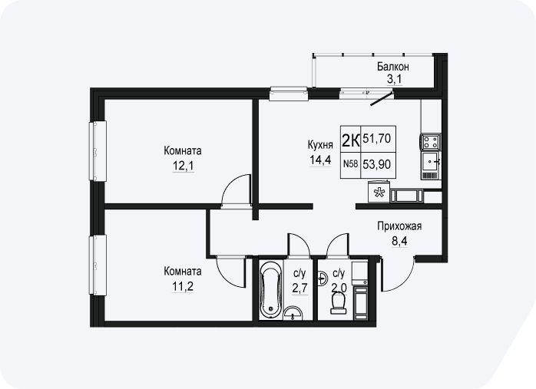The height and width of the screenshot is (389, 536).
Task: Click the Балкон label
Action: pyautogui.click(x=392, y=67)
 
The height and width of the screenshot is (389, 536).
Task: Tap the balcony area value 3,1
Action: pyautogui.click(x=395, y=79)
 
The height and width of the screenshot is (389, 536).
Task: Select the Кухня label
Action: pyautogui.click(x=320, y=145)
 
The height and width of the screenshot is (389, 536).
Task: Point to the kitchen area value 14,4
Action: pyautogui.click(x=320, y=160)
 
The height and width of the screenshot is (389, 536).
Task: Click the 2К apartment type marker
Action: pyautogui.click(x=351, y=140)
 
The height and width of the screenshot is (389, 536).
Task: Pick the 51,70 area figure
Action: pyautogui.click(x=377, y=139)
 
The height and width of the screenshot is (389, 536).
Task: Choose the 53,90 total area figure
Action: pyautogui.click(x=377, y=165)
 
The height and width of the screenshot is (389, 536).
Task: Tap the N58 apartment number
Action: pyautogui.click(x=350, y=164)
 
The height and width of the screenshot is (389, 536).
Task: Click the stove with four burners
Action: pyautogui.click(x=431, y=142)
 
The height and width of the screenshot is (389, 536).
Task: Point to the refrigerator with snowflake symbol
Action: pyautogui.click(x=379, y=192)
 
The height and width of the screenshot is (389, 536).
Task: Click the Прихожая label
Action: pyautogui.click(x=399, y=226)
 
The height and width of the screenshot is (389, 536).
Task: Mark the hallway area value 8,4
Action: pyautogui.click(x=399, y=242)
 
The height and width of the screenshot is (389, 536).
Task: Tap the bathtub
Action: pyautogui.click(x=271, y=290)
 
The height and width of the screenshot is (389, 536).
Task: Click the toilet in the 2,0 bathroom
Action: pyautogui.click(x=339, y=304)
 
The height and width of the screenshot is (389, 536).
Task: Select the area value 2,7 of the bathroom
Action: pyautogui.click(x=299, y=288)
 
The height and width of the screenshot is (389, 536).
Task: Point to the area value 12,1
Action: pyautogui.click(x=184, y=166)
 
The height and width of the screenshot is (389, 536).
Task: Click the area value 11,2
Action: pyautogui.click(x=183, y=286)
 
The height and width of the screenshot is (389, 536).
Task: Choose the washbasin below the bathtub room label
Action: pyautogui.click(x=293, y=313)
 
